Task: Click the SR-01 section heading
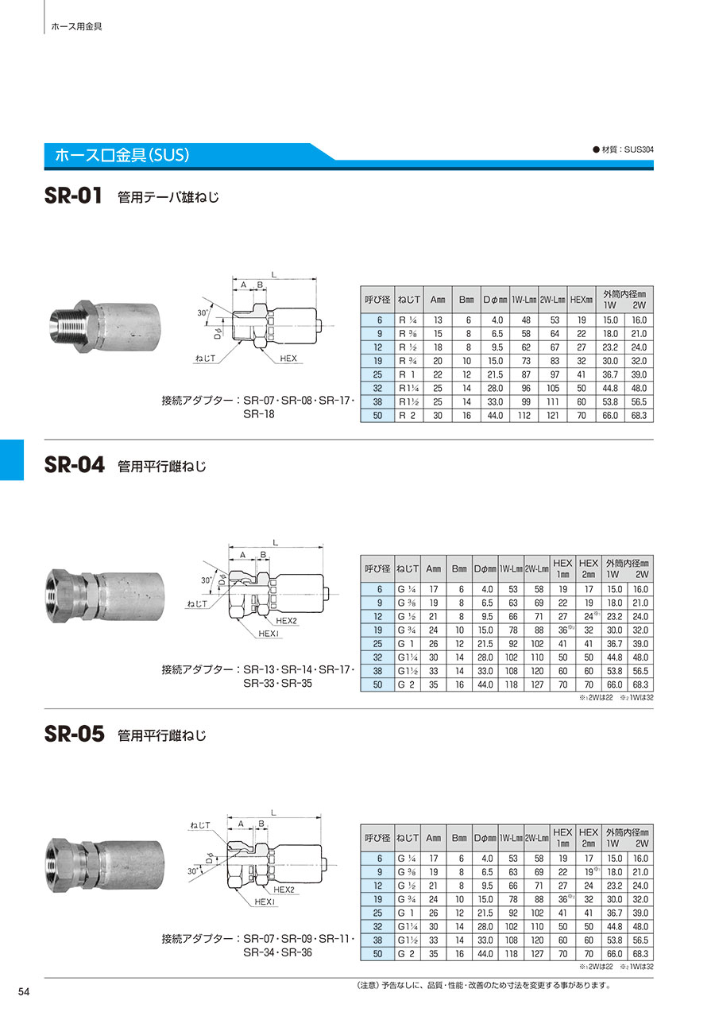pos(73,196)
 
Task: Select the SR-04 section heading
pos(75,464)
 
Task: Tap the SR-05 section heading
pos(75,734)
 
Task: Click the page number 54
pos(24,991)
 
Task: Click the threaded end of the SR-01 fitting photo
pos(64,326)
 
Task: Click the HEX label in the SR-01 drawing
pos(288,359)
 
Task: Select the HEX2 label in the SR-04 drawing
pos(286,621)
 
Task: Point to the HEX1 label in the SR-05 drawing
pos(265,901)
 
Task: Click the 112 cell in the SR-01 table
pos(524,415)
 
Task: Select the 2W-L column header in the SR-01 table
pos(552,300)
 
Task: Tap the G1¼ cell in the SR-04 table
pos(407,657)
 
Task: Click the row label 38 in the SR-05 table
pos(377,940)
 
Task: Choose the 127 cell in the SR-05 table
pos(537,954)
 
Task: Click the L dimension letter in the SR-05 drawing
pos(273,813)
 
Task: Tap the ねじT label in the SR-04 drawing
pos(197,603)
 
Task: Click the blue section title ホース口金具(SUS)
pos(122,155)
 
